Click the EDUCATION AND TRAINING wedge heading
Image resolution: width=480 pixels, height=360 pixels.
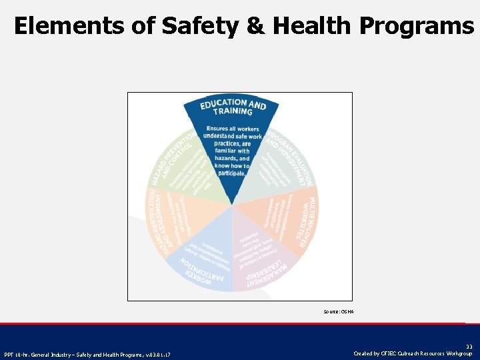(x=233, y=107)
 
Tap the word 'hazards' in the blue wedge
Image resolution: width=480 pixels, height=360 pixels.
(x=223, y=159)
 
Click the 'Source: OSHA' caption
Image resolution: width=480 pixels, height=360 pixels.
(x=339, y=311)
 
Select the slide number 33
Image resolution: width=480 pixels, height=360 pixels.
(x=469, y=347)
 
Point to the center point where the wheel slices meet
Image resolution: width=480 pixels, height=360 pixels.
(x=232, y=205)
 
